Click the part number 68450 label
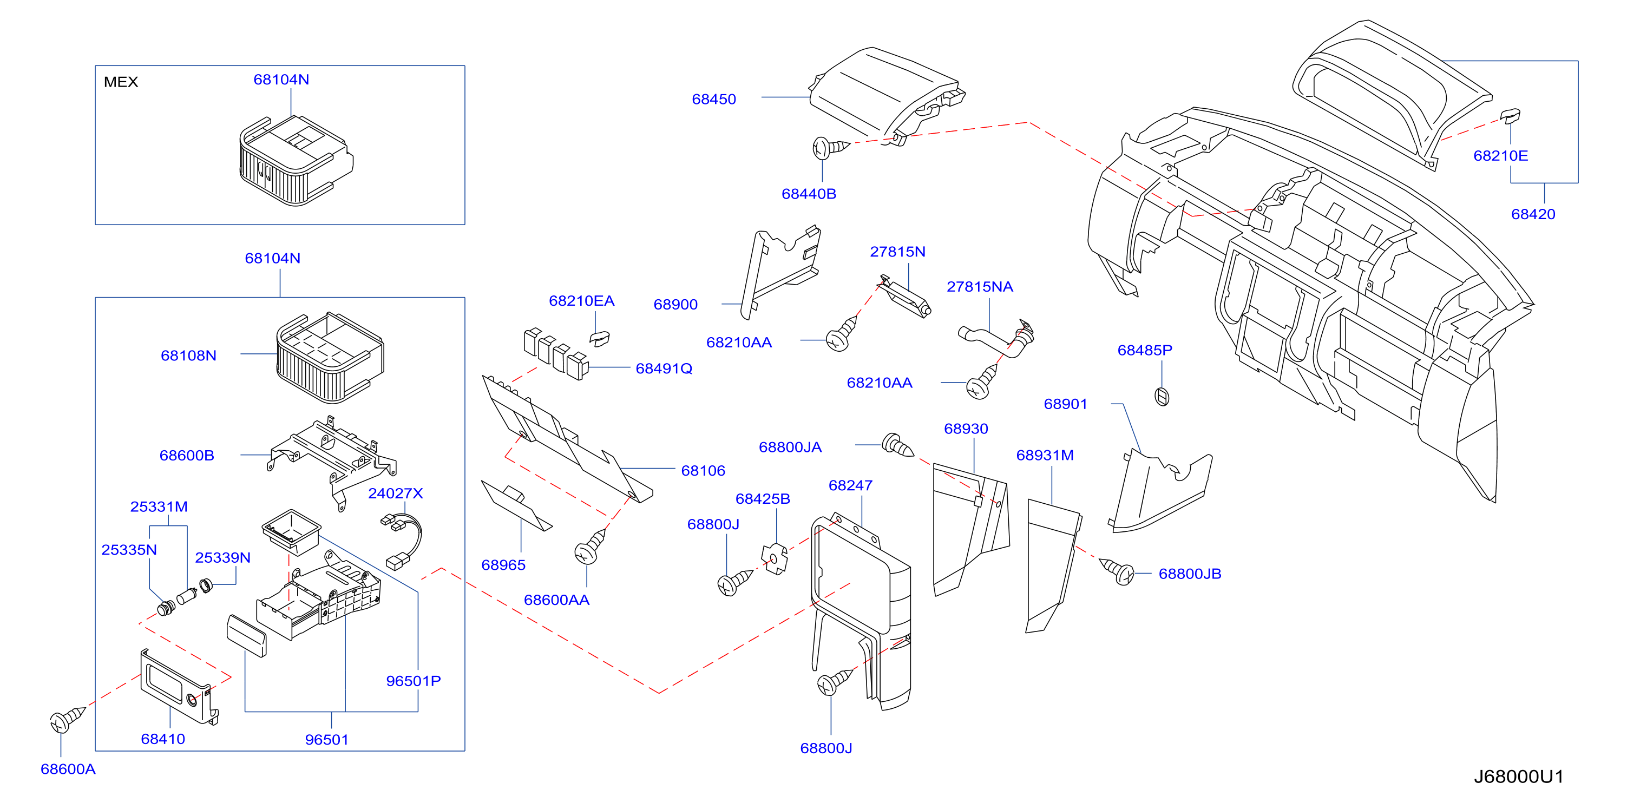click(714, 99)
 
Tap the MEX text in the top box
click(121, 82)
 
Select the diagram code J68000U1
click(1519, 776)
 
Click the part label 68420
click(1533, 214)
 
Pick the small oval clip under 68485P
click(1162, 397)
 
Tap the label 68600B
click(186, 455)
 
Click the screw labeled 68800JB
click(1117, 571)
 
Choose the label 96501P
click(413, 681)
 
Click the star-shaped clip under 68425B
click(775, 558)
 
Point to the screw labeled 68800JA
click(897, 444)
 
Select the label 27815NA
click(980, 287)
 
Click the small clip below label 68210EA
click(599, 338)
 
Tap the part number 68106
click(703, 470)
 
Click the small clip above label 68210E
click(1510, 116)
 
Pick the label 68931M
click(1045, 455)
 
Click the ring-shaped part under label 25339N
click(206, 585)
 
